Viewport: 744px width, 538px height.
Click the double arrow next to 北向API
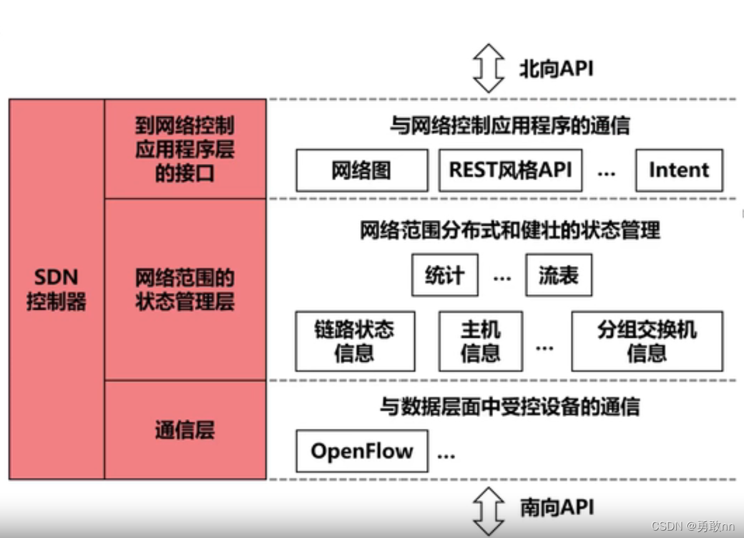[x=488, y=69]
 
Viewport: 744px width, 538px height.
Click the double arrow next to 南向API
[x=488, y=510]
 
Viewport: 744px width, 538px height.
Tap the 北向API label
[x=556, y=69]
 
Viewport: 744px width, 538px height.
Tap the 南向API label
[x=556, y=507]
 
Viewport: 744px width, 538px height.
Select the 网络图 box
[x=361, y=170]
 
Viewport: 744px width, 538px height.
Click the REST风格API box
[x=510, y=170]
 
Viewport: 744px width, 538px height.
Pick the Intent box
[x=678, y=170]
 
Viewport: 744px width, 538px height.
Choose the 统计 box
[x=444, y=275]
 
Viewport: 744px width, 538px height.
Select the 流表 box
[x=558, y=275]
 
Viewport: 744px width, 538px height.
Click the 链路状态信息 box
[x=355, y=341]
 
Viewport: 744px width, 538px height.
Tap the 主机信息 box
[x=480, y=341]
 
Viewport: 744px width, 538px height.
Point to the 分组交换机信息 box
[x=647, y=341]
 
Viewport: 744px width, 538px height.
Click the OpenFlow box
[x=361, y=451]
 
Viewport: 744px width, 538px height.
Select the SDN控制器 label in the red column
[x=56, y=290]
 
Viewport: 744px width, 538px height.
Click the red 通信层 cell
[x=185, y=430]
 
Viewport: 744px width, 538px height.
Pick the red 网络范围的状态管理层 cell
[x=185, y=290]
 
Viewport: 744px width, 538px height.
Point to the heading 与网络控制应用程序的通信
[x=509, y=127]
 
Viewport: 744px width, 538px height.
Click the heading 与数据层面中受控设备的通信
[x=509, y=407]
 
